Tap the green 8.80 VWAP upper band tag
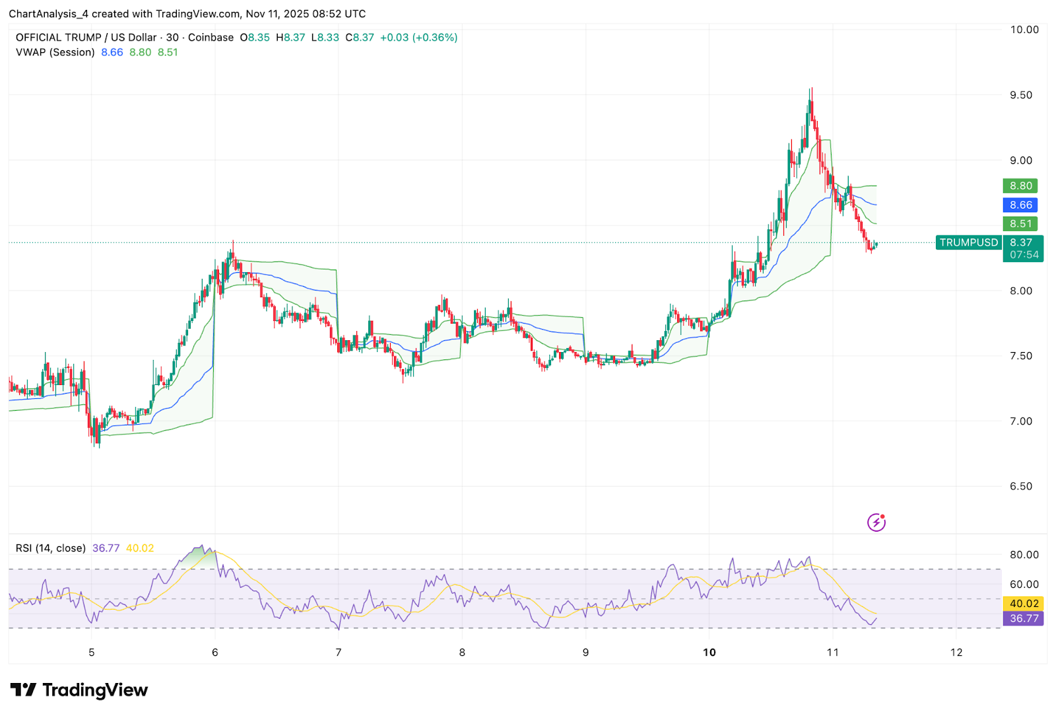click(x=1020, y=186)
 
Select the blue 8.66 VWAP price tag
click(x=1020, y=205)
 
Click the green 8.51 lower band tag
click(x=1020, y=224)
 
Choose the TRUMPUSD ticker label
click(x=968, y=242)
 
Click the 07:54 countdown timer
click(x=1024, y=255)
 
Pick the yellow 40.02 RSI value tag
click(x=1024, y=604)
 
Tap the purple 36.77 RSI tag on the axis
click(x=1024, y=619)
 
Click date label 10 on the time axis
click(x=709, y=653)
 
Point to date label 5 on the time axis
click(x=92, y=653)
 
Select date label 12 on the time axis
click(x=956, y=653)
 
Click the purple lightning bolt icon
click(x=876, y=522)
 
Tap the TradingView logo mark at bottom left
click(x=24, y=690)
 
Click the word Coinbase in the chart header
click(x=211, y=38)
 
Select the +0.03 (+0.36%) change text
click(x=418, y=38)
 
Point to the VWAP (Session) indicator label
click(x=55, y=52)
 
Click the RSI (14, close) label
click(x=51, y=548)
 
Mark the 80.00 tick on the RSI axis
click(x=1024, y=555)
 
